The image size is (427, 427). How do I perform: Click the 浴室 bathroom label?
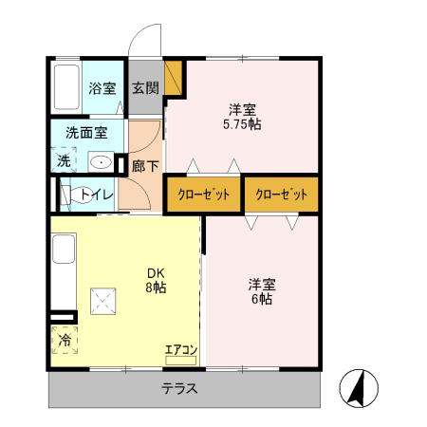click(x=102, y=89)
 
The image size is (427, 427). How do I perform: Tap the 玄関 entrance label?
click(x=145, y=89)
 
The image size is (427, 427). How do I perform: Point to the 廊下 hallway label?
click(x=145, y=163)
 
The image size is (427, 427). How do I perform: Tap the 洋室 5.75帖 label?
click(x=242, y=117)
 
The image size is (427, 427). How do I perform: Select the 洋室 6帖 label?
click(x=261, y=291)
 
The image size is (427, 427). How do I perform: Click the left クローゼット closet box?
click(x=204, y=195)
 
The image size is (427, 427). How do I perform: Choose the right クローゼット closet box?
click(x=281, y=195)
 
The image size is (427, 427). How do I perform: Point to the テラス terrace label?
click(x=178, y=389)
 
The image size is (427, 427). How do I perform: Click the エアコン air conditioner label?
click(x=180, y=350)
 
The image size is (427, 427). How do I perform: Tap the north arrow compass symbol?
click(x=360, y=387)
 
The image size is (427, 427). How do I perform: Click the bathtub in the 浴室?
click(x=65, y=87)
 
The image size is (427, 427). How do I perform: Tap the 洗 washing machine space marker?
click(x=63, y=161)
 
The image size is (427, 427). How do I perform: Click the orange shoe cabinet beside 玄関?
click(x=173, y=78)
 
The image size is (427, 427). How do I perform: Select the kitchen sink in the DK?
click(x=62, y=251)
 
